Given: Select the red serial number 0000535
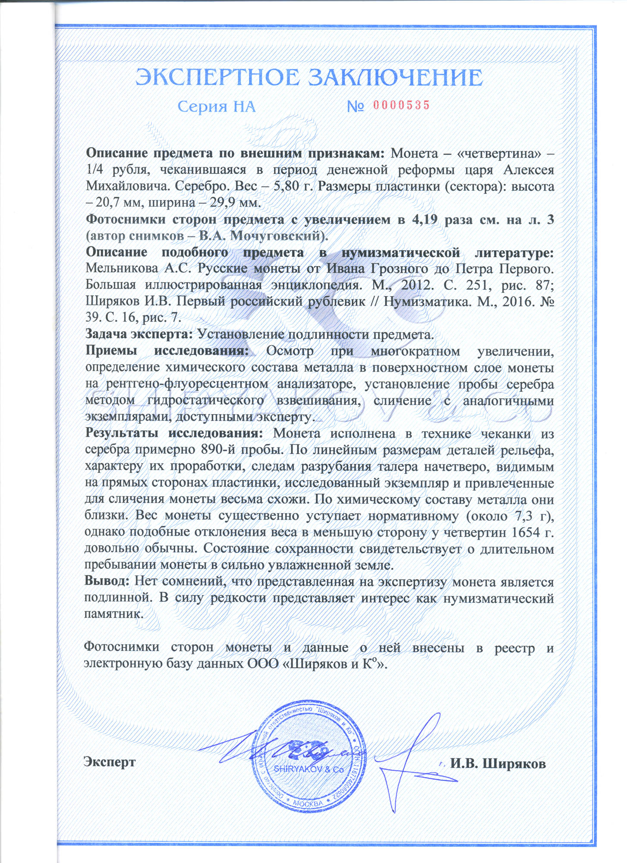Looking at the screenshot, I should [x=401, y=105].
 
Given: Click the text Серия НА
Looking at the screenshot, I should [x=217, y=107].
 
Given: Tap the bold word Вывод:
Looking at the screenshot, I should [x=106, y=581].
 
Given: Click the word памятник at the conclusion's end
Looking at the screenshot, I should [x=113, y=614].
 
